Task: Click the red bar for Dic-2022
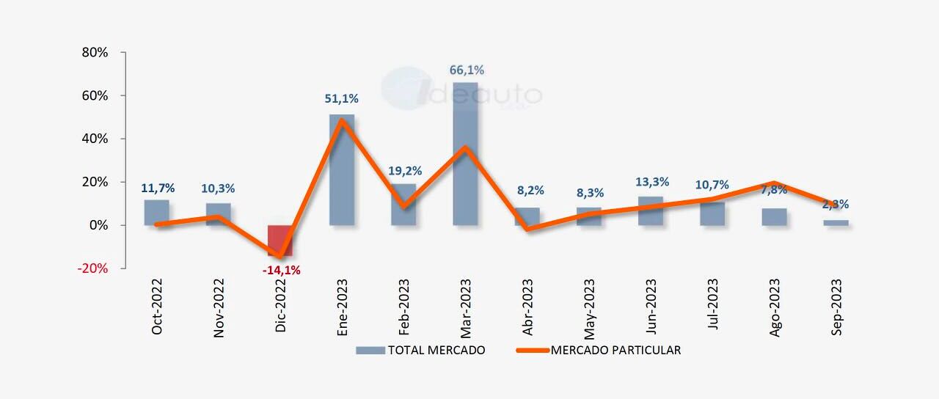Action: pos(279,238)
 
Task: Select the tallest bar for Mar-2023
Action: pos(465,154)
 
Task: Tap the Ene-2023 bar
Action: pos(342,169)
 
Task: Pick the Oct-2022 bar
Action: pos(156,212)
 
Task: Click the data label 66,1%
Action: pos(467,70)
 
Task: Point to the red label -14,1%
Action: pos(281,270)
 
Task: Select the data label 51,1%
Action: pos(341,98)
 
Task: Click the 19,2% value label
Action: pos(405,171)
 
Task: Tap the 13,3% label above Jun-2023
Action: pos(651,182)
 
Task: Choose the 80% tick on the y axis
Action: pos(95,53)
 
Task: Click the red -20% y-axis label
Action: pos(92,268)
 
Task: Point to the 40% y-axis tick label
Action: pos(95,139)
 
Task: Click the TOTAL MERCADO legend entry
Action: pos(421,351)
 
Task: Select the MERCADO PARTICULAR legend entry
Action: pos(599,351)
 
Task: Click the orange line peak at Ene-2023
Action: pos(342,120)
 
